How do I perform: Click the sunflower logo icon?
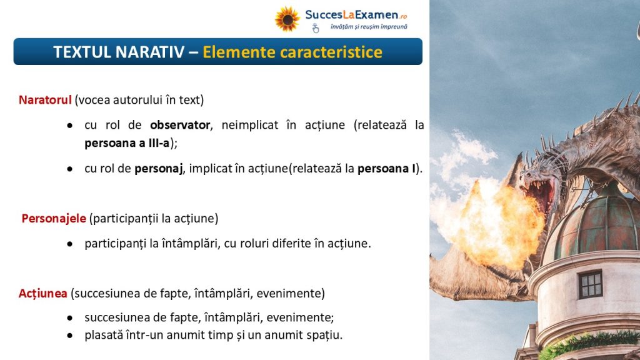pyautogui.click(x=287, y=19)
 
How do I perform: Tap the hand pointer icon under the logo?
pyautogui.click(x=316, y=28)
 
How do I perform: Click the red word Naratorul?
pyautogui.click(x=45, y=100)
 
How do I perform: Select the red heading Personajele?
pyautogui.click(x=54, y=218)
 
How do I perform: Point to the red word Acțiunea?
pyautogui.click(x=43, y=294)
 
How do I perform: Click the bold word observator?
pyautogui.click(x=180, y=125)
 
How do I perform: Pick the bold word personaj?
pyautogui.click(x=158, y=169)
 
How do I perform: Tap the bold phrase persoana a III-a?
pyautogui.click(x=127, y=143)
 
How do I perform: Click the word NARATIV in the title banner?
pyautogui.click(x=149, y=52)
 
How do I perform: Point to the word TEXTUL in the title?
pyautogui.click(x=82, y=52)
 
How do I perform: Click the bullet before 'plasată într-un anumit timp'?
pyautogui.click(x=70, y=336)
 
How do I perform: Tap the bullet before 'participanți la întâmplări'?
pyautogui.click(x=70, y=244)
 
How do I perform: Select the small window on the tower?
pyautogui.click(x=590, y=284)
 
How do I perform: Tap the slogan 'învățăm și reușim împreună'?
pyautogui.click(x=369, y=27)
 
